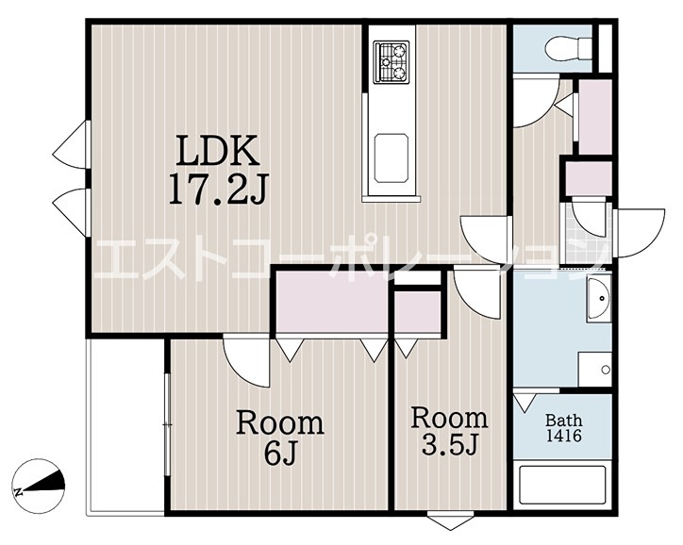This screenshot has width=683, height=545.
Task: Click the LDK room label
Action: [218, 150]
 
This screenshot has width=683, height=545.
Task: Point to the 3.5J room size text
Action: [450, 444]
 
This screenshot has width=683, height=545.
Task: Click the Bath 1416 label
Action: [563, 428]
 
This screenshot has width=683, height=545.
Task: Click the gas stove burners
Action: [391, 61]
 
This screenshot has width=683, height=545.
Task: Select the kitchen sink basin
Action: [391, 157]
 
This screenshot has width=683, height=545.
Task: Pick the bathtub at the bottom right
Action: [563, 485]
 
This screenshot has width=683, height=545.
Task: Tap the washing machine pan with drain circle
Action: [595, 369]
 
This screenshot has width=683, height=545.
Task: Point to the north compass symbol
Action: [39, 486]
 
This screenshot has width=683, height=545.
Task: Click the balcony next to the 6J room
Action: [125, 426]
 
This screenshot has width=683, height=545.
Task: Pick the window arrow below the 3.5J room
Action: [450, 521]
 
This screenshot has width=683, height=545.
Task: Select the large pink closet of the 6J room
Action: [332, 302]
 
